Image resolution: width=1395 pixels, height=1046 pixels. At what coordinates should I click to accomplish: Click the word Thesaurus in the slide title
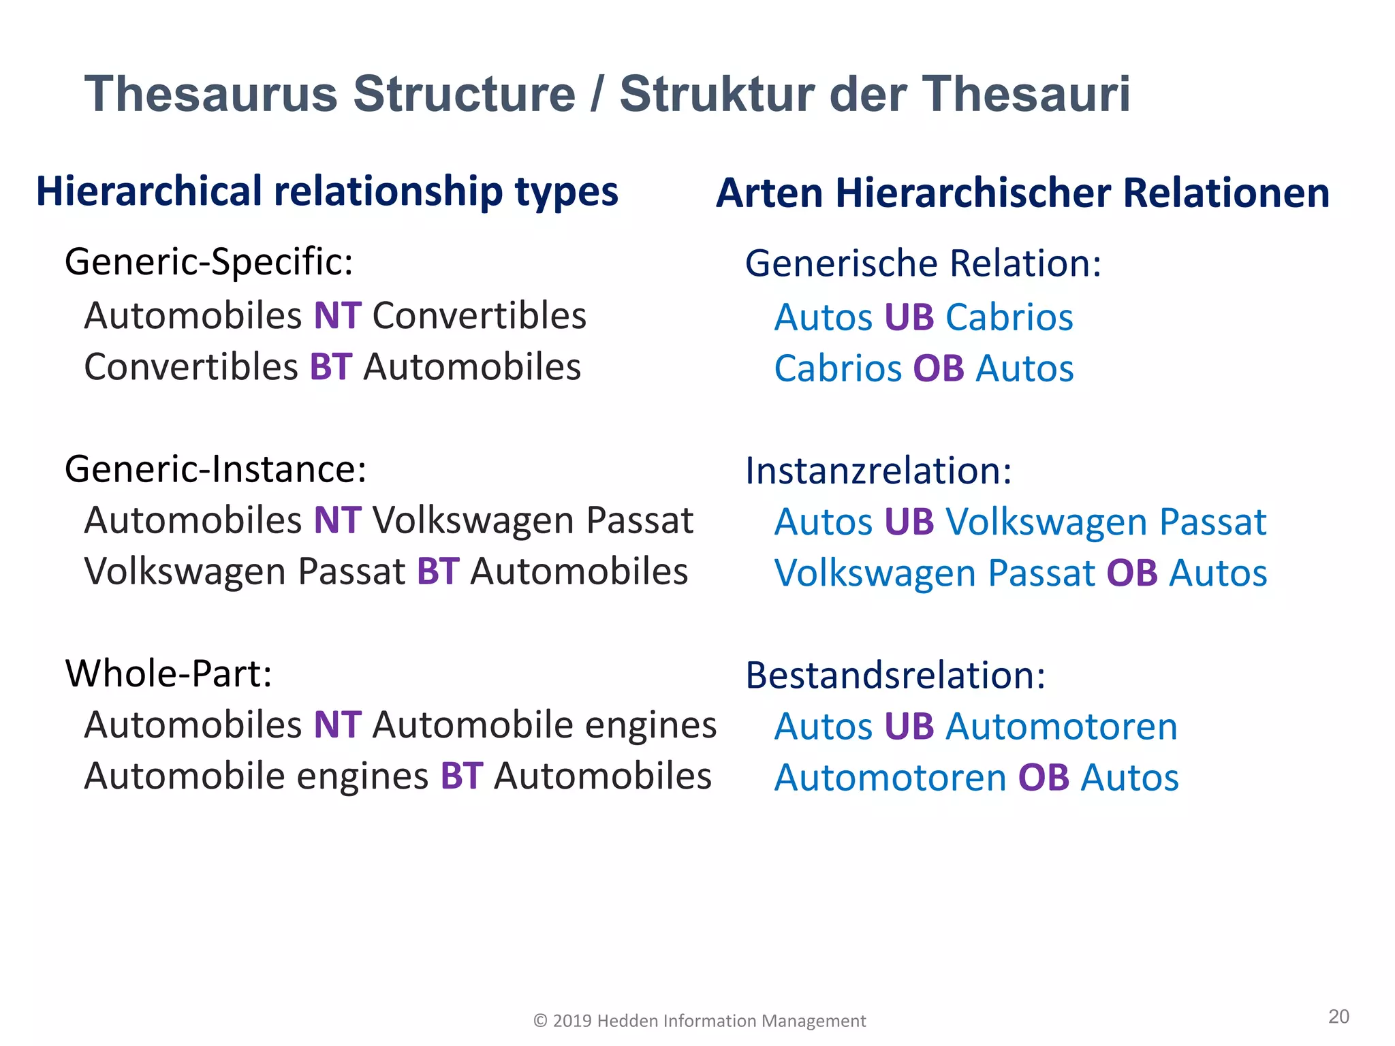coord(210,94)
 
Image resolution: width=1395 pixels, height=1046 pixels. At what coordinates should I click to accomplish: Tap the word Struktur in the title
coord(717,94)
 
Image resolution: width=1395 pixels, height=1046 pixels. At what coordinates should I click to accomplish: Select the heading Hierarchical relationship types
coord(327,191)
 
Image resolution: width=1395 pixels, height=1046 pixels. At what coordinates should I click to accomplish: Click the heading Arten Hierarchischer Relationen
coord(1022,193)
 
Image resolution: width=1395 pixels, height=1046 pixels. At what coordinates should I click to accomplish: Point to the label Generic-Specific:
coord(209,261)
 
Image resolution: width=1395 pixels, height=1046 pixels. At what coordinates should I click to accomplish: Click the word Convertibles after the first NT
coord(480,316)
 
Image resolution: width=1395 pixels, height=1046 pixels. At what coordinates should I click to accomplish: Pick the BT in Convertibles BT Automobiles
coord(331,367)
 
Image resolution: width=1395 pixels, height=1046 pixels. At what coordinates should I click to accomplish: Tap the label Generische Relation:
coord(923,264)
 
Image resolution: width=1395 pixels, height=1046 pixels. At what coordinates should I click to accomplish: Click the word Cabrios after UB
coord(1009,318)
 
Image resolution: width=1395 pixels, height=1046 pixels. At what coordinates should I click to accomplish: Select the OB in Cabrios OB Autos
coord(939,369)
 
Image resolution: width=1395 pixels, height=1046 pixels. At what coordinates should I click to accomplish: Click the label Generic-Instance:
coord(215,469)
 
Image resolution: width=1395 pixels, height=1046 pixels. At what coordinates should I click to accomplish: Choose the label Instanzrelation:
coord(879,471)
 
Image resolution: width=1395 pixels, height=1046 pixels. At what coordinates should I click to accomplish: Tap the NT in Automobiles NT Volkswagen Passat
coord(337,521)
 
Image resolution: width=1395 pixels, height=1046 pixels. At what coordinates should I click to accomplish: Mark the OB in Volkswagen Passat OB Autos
coord(1132,573)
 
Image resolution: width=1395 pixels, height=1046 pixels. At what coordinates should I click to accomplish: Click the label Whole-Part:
coord(168,674)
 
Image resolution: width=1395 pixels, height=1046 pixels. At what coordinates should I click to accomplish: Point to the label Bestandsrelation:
coord(895,676)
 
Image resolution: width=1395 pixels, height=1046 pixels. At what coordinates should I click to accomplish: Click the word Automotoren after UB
coord(1062,727)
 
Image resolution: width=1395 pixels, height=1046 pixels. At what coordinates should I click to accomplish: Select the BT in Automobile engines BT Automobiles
coord(462,776)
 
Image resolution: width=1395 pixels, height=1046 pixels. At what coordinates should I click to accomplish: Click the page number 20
coord(1338,1017)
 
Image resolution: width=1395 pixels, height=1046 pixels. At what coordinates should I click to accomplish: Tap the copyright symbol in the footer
coord(540,1021)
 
